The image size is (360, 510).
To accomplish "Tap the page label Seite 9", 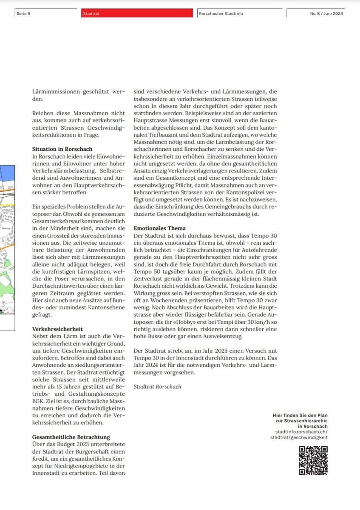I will [x=23, y=14].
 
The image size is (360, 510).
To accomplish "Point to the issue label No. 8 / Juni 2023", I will [x=326, y=14].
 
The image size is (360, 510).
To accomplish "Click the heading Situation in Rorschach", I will [x=62, y=149].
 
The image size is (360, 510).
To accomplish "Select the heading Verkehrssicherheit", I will [x=57, y=329].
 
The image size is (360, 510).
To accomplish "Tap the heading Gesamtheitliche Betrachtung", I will [x=71, y=436].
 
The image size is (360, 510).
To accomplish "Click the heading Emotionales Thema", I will [x=159, y=228].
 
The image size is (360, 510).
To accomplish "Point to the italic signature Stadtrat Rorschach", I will [x=157, y=386].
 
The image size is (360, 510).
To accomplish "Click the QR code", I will [x=313, y=460].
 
